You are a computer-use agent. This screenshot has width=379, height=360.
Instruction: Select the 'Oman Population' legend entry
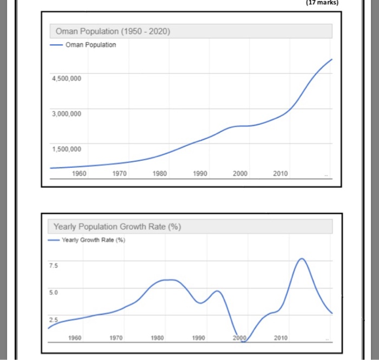(x=90, y=45)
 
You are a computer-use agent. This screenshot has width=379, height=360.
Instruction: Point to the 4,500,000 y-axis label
(x=67, y=78)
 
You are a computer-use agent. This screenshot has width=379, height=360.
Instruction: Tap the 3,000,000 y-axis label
(x=67, y=114)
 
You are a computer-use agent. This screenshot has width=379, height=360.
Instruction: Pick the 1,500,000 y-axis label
(x=67, y=149)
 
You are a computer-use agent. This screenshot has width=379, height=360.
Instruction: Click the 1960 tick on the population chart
(x=79, y=174)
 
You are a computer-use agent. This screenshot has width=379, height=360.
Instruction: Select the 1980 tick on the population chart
(x=160, y=174)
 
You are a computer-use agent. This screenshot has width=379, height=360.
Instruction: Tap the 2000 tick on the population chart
(x=240, y=174)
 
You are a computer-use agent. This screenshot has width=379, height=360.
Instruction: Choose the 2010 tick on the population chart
(x=280, y=174)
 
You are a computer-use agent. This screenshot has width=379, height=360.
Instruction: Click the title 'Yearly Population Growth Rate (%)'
(x=117, y=226)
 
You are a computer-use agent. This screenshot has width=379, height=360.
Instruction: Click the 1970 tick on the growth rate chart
(x=116, y=338)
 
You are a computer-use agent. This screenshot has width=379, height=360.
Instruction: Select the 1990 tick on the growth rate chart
(x=199, y=338)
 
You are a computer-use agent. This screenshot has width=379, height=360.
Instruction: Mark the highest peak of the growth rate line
(x=302, y=259)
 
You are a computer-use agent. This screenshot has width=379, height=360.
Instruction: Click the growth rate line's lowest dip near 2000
(x=243, y=342)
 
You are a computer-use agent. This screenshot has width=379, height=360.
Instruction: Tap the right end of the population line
(x=332, y=58)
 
